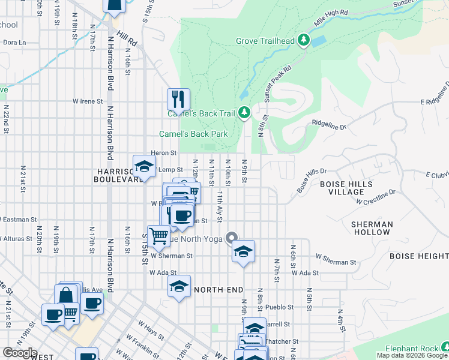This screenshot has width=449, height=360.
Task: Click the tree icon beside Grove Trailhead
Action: click(304, 41)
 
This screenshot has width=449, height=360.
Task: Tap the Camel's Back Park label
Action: click(193, 134)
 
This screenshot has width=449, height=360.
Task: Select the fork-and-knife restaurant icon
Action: click(178, 98)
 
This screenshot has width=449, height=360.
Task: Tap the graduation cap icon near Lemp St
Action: click(144, 166)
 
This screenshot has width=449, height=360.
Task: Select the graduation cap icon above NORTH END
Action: click(179, 286)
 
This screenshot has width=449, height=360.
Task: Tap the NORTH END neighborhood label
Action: click(218, 290)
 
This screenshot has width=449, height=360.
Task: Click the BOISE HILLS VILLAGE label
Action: click(346, 188)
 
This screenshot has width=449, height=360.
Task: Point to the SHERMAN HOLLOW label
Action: click(372, 228)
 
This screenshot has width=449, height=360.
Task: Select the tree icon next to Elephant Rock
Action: click(445, 347)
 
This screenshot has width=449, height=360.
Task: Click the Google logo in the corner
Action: click(20, 353)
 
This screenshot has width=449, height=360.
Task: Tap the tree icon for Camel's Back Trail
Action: click(244, 112)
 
